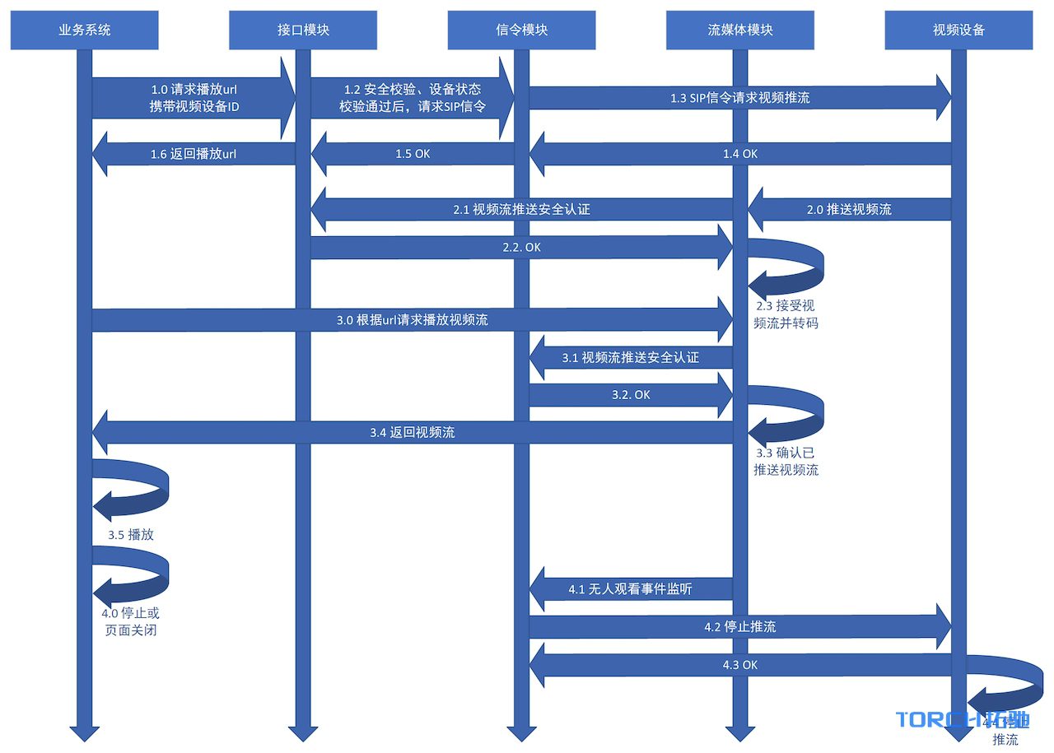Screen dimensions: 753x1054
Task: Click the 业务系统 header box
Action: click(x=84, y=30)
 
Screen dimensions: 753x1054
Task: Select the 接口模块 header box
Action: click(x=303, y=30)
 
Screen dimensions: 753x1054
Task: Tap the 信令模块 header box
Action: click(x=522, y=30)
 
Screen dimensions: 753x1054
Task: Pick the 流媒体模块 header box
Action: click(x=740, y=30)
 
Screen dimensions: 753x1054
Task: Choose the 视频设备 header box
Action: click(x=958, y=30)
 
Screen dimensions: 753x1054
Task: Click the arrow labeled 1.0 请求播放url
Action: click(x=194, y=98)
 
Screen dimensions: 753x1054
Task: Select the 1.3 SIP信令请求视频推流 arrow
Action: click(x=739, y=98)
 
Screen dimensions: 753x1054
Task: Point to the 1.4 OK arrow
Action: click(x=739, y=154)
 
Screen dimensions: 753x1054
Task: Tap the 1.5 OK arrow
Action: click(x=413, y=154)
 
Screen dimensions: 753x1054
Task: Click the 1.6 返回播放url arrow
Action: click(x=194, y=154)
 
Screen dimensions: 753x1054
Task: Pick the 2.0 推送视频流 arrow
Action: click(x=849, y=210)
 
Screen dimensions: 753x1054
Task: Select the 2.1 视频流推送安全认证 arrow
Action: click(x=521, y=210)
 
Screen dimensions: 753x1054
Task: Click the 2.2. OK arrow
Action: click(x=521, y=247)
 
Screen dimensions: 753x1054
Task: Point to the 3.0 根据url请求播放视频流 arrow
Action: click(x=412, y=320)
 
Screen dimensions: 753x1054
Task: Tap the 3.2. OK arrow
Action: click(x=631, y=395)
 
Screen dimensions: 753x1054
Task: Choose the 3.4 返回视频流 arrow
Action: click(x=412, y=432)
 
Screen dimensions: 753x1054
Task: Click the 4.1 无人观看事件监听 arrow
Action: click(x=631, y=589)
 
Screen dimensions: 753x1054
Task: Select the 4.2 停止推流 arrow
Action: click(x=739, y=627)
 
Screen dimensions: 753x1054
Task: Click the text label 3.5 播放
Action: click(x=131, y=534)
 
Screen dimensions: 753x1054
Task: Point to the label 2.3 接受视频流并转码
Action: click(x=786, y=314)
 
